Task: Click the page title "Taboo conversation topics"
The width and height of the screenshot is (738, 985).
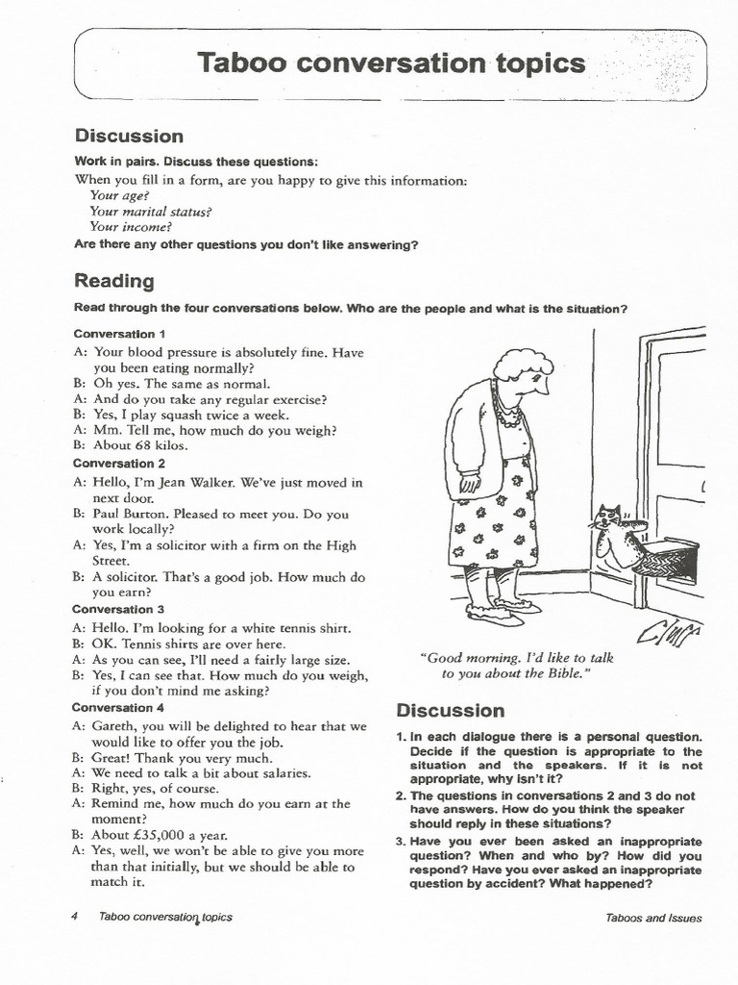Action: point(390,63)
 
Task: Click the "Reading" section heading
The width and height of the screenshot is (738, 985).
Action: point(113,281)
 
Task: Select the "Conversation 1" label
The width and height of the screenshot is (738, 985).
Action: point(120,334)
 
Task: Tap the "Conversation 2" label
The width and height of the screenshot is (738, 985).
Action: point(120,463)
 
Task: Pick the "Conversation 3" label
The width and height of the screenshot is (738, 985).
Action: point(120,609)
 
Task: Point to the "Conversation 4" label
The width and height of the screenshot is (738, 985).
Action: point(120,707)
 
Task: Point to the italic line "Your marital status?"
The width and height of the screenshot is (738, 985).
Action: point(150,212)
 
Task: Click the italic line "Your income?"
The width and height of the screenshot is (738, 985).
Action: point(131,227)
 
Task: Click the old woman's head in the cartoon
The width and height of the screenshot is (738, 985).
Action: point(524,371)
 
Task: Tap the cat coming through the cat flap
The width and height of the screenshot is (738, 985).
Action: point(611,539)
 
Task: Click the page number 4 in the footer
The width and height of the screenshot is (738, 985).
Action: point(75,917)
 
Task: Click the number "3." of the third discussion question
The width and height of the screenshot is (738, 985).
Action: point(402,842)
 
